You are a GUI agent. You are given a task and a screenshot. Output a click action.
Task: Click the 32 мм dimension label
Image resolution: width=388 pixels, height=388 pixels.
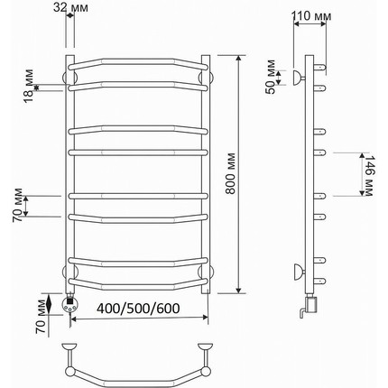click(x=71, y=7)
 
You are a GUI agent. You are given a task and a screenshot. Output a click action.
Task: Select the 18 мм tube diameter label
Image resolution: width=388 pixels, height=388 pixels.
click(x=29, y=86)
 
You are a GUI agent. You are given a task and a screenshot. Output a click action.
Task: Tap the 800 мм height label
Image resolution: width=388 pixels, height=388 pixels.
click(x=230, y=173)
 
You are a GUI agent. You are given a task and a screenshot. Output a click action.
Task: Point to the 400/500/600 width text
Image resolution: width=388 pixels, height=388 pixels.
click(x=138, y=309)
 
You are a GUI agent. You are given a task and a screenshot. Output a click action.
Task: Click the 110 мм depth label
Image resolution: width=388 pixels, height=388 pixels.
click(x=311, y=15)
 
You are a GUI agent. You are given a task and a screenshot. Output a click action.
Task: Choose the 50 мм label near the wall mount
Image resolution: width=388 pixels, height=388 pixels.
click(x=271, y=77)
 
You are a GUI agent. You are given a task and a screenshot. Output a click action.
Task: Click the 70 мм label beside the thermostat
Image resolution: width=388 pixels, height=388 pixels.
click(x=41, y=317)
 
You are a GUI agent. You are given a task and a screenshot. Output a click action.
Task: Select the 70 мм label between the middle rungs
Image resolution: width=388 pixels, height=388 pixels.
click(x=17, y=205)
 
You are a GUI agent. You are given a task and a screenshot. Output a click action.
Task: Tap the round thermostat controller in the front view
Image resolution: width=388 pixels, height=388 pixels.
click(x=69, y=304)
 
